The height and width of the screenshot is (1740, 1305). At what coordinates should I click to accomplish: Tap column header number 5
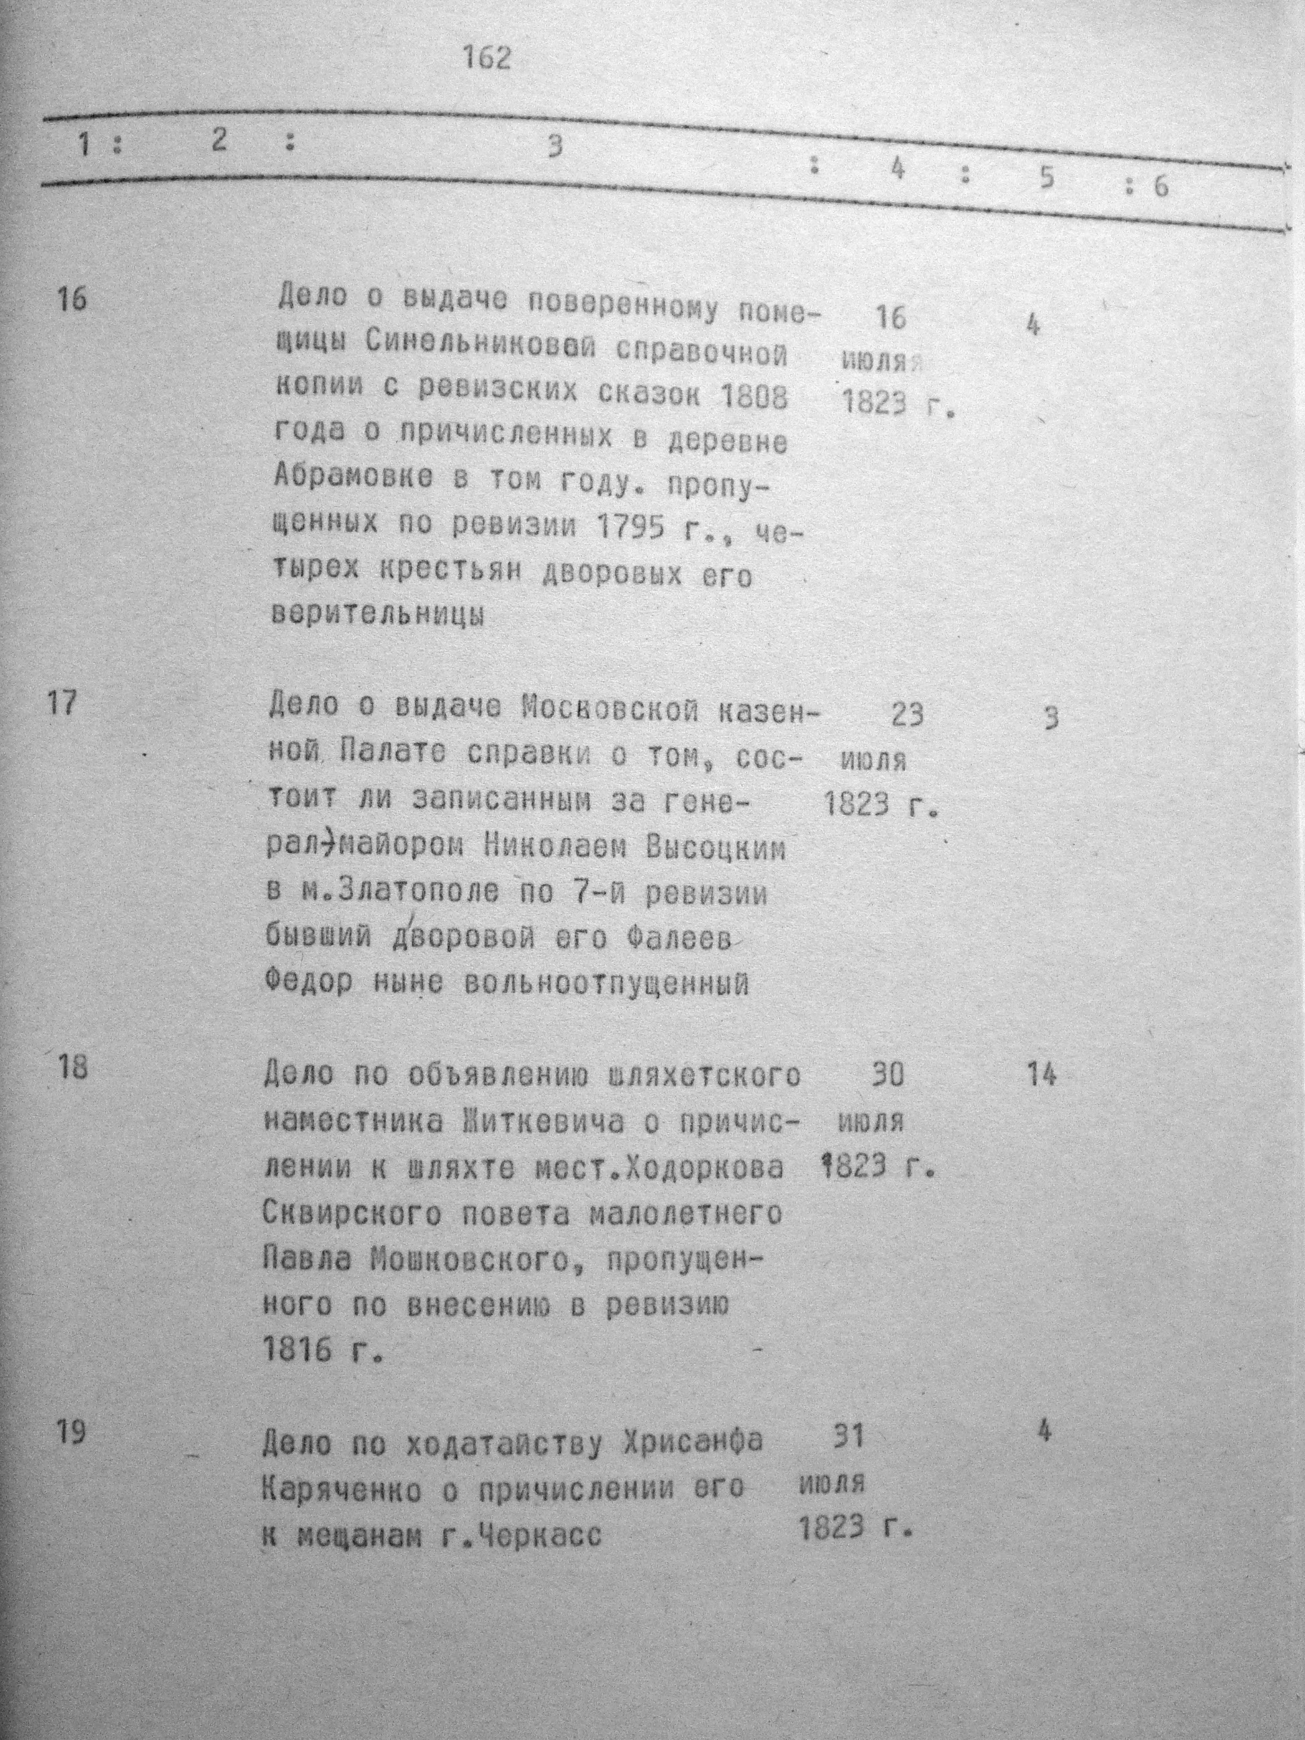pyautogui.click(x=1045, y=179)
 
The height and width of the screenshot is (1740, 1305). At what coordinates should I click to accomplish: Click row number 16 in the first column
pyautogui.click(x=73, y=299)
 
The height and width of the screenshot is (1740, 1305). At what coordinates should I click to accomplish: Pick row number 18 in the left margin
pyautogui.click(x=72, y=1071)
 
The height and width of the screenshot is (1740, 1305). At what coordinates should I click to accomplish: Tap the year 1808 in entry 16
pyautogui.click(x=754, y=398)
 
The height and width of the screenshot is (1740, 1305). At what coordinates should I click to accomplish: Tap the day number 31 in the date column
pyautogui.click(x=848, y=1437)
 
